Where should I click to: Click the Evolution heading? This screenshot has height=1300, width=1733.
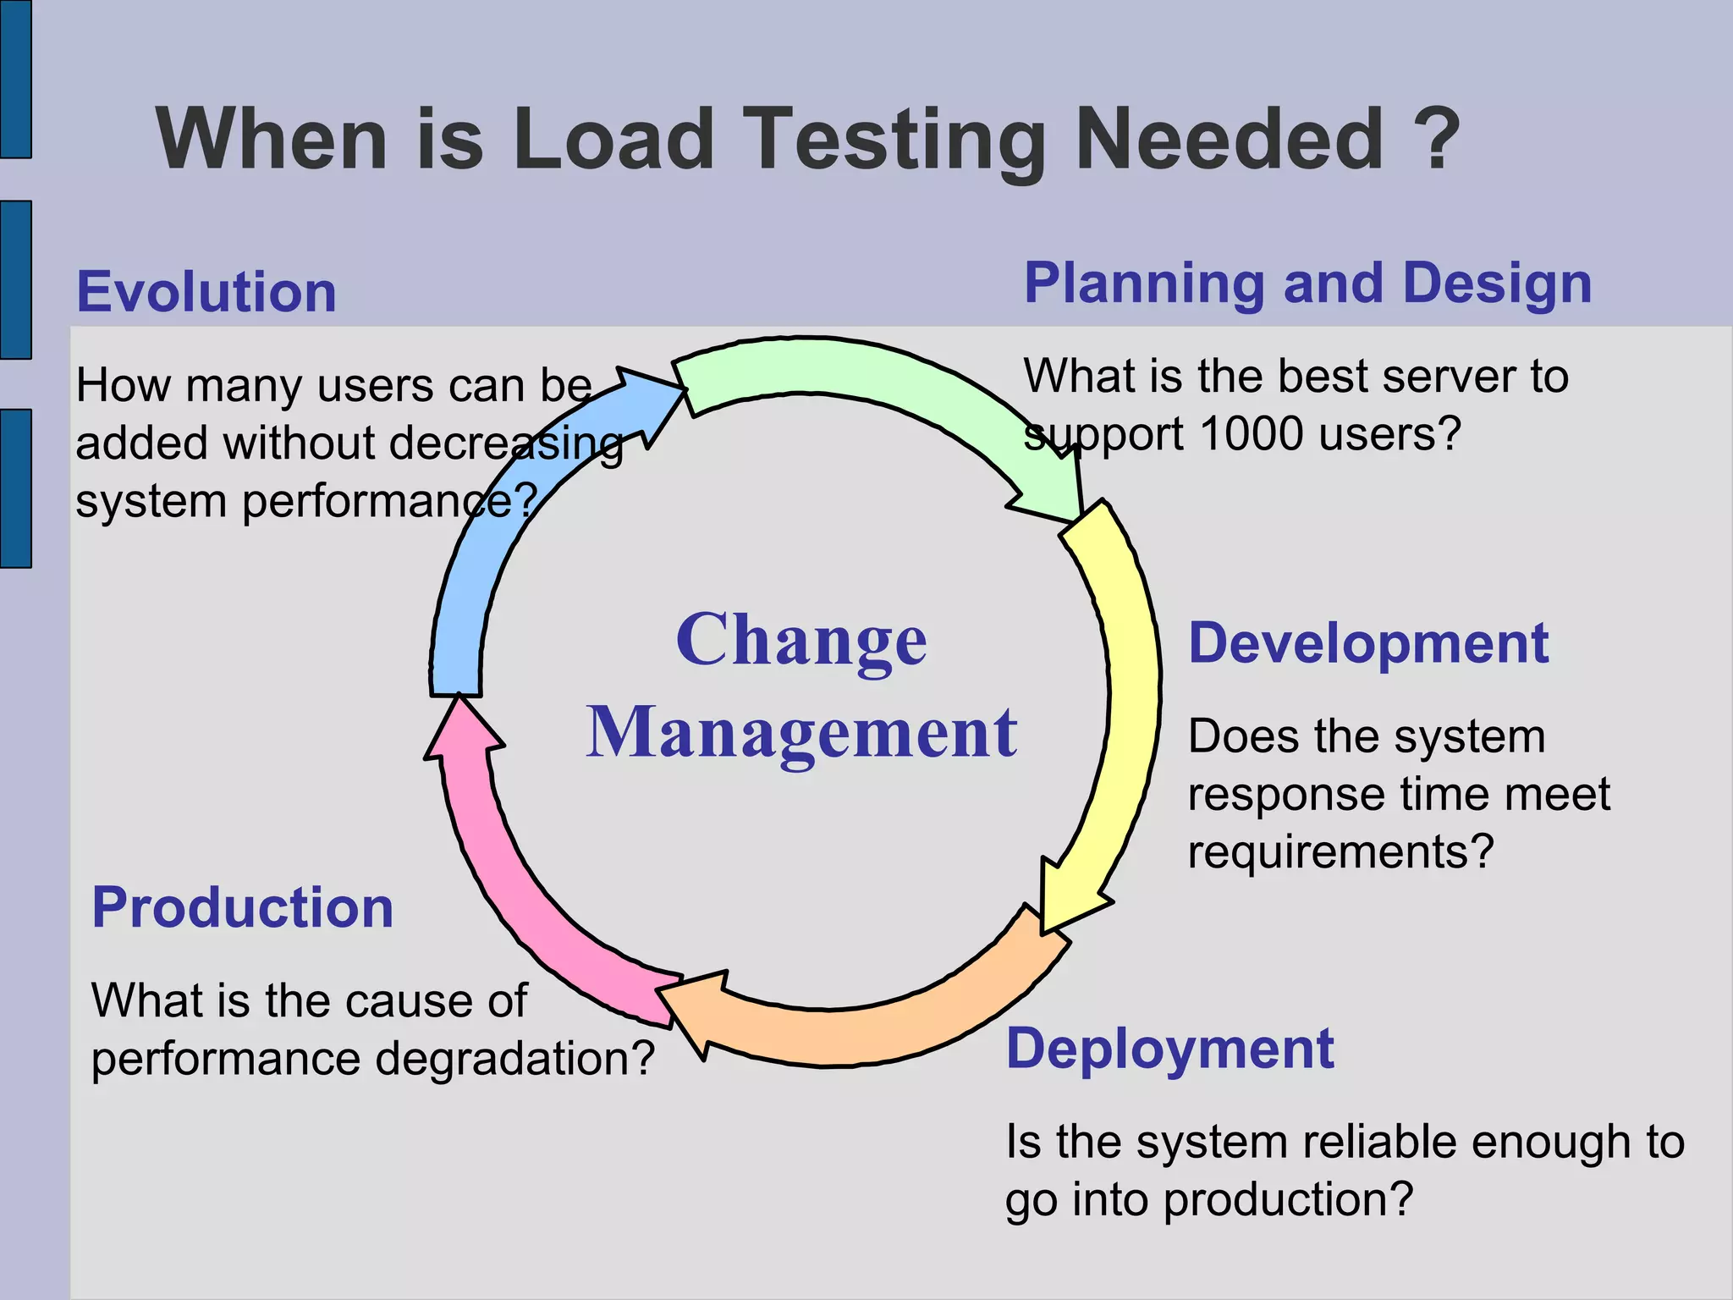pos(206,292)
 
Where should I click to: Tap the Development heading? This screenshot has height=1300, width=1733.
pos(1368,643)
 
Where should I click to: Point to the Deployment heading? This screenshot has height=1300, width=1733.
pos(1169,1049)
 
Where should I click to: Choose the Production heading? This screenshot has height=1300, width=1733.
pos(243,907)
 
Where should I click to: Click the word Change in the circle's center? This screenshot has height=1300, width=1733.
pos(801,641)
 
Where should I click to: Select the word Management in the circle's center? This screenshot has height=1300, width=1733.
pos(801,733)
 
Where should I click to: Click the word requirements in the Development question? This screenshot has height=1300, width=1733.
pos(1340,851)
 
